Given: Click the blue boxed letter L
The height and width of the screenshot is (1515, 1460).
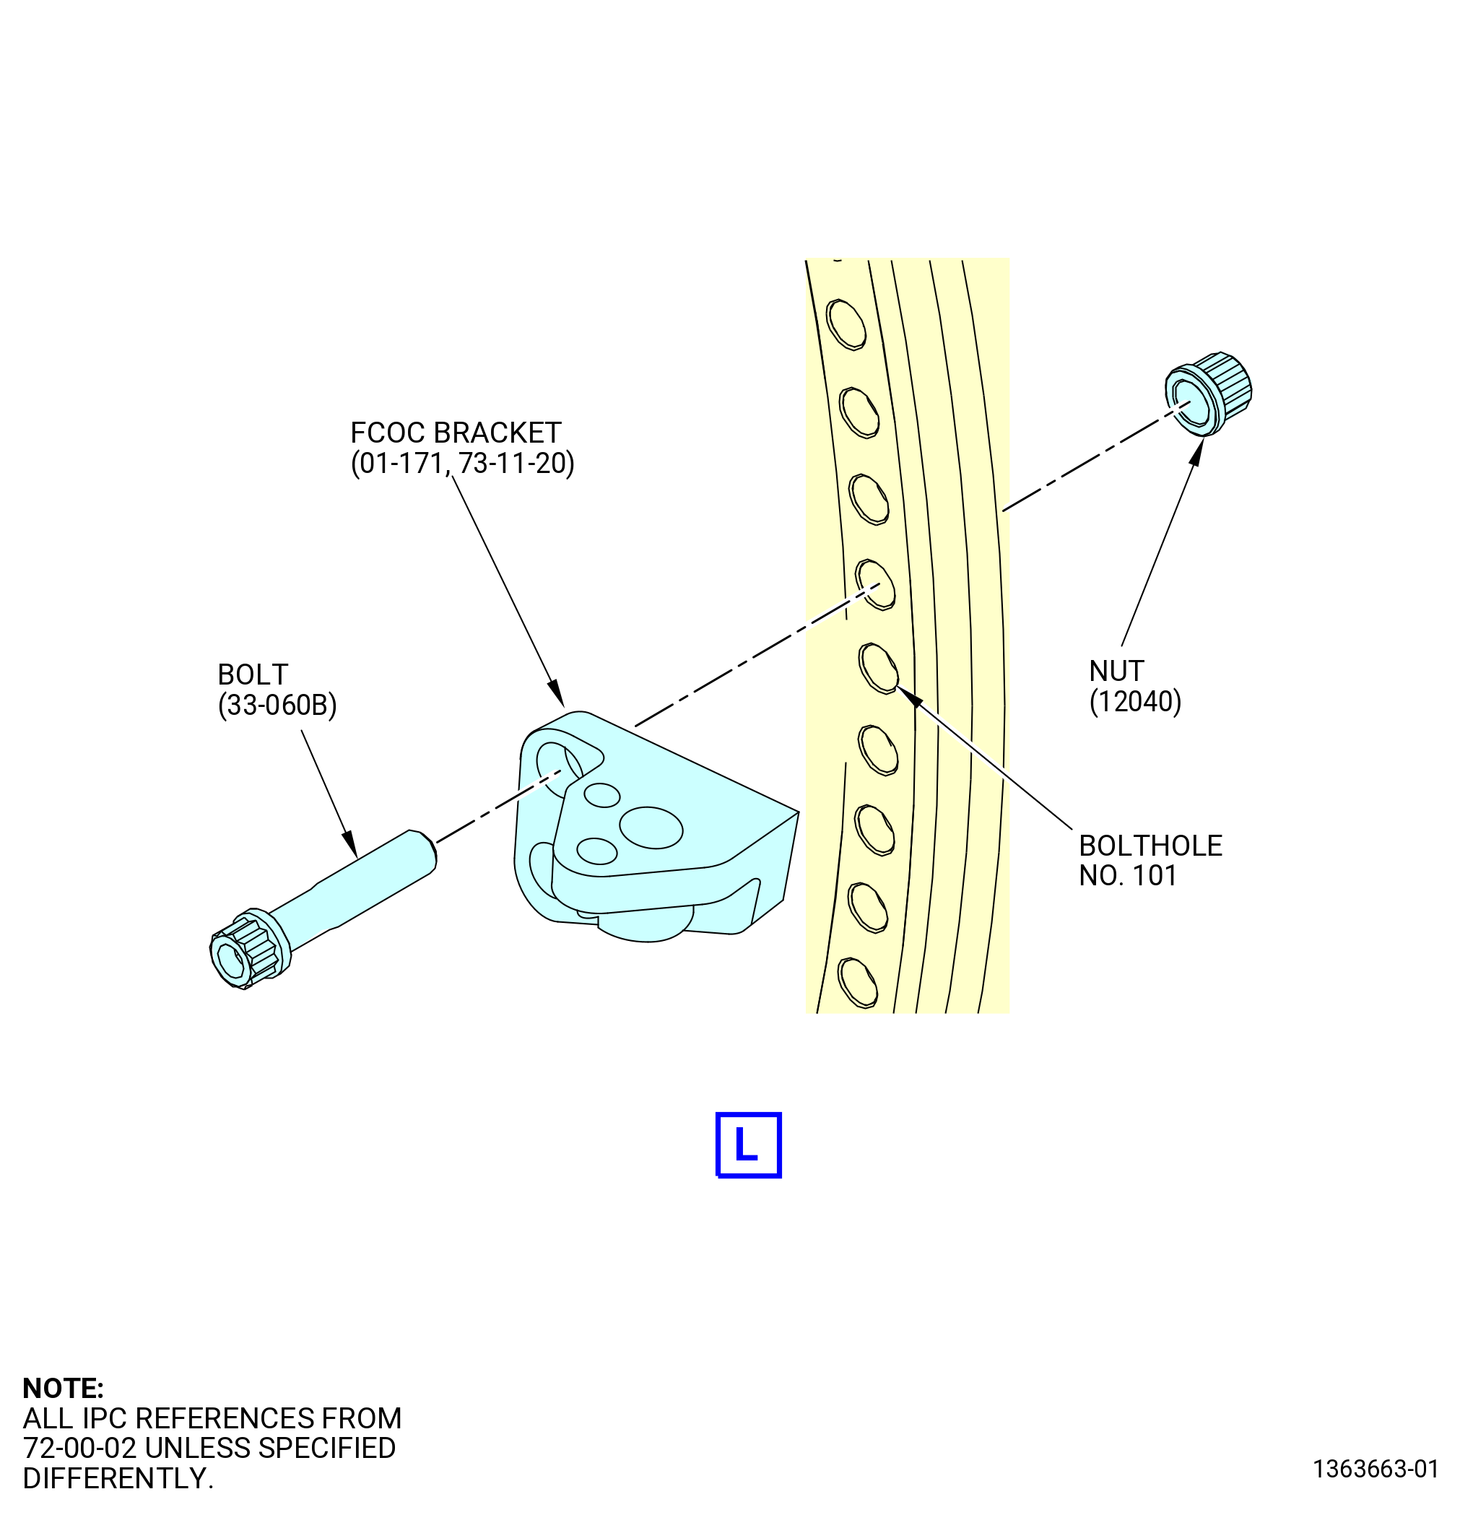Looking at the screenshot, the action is coord(748,1145).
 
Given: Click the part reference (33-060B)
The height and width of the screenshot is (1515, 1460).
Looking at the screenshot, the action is coord(277,705).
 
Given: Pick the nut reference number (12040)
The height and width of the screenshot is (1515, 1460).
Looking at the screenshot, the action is coord(1135,701).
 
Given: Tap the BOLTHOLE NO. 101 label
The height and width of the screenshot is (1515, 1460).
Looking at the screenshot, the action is coord(1150,860).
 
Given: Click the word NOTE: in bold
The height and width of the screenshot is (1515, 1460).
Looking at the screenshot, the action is coord(64,1388).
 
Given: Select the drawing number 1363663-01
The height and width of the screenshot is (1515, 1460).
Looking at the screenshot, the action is coord(1376,1469).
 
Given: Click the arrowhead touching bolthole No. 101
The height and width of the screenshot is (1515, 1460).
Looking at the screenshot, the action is coord(909,695).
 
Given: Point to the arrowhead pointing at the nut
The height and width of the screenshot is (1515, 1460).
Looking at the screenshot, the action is coord(1196,451).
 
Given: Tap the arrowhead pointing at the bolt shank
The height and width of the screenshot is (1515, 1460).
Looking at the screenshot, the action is coord(350,843).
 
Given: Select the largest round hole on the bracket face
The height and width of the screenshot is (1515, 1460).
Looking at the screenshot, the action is coord(651,827).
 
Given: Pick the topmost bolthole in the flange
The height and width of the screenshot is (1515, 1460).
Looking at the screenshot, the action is coord(846,324).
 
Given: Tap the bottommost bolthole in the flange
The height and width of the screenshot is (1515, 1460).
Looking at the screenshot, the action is coord(857,981).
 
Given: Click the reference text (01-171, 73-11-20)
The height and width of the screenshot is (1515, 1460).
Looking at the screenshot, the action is coord(462,464).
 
